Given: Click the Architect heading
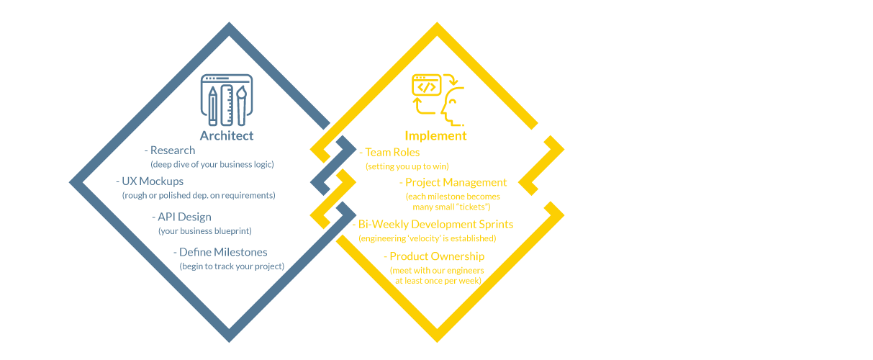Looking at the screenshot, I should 226,135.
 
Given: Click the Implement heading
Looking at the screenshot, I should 435,135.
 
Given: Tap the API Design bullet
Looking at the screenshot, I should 181,217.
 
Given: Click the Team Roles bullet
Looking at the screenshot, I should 389,153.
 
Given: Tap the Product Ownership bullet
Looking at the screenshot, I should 433,256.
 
